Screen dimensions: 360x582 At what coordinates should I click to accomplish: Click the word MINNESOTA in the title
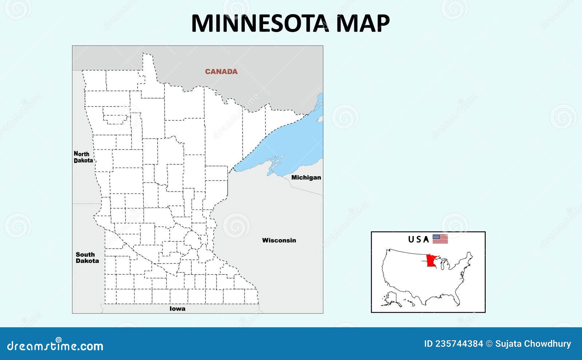[259, 23]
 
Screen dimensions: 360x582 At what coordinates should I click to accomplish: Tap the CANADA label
[221, 72]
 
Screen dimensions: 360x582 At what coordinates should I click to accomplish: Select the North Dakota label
[83, 157]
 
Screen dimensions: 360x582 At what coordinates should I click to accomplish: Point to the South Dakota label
[87, 257]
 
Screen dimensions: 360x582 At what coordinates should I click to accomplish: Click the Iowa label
[178, 309]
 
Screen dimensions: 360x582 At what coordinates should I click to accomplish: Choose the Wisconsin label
[279, 240]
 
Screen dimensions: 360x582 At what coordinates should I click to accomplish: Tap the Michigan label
[306, 177]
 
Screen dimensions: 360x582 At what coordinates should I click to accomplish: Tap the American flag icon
[440, 239]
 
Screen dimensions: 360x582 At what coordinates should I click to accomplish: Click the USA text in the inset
[418, 239]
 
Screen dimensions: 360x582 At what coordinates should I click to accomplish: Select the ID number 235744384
[454, 344]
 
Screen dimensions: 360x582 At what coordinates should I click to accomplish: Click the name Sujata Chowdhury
[533, 344]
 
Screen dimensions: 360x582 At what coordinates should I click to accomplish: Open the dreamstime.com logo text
[55, 345]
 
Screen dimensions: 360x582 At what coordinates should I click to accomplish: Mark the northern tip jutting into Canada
[147, 58]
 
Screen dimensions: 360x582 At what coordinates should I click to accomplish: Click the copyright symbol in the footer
[489, 344]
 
